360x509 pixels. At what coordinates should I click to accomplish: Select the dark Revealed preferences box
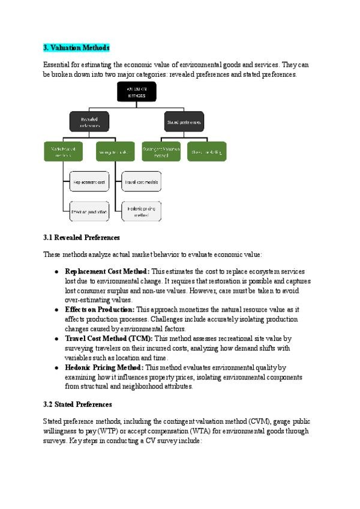coord(89,122)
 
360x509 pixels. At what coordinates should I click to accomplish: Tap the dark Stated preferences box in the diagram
coord(183,122)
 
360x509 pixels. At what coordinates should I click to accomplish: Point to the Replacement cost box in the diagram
coord(89,181)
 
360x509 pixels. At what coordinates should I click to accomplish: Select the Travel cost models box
coord(142,181)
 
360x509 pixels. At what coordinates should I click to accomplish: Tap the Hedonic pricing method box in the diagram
coord(142,211)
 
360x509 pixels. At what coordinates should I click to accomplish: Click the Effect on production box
coord(89,211)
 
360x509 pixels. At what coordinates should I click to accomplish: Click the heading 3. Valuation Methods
coord(76,48)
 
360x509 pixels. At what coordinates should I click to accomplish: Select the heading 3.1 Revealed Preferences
coord(82,238)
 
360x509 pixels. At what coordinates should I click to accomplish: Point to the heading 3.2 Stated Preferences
coord(77,405)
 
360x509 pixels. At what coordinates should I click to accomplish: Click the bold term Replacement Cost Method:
coord(107,271)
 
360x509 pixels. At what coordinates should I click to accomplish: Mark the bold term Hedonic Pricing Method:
coord(104,367)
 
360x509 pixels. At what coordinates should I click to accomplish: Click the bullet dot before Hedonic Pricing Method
coord(56,367)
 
